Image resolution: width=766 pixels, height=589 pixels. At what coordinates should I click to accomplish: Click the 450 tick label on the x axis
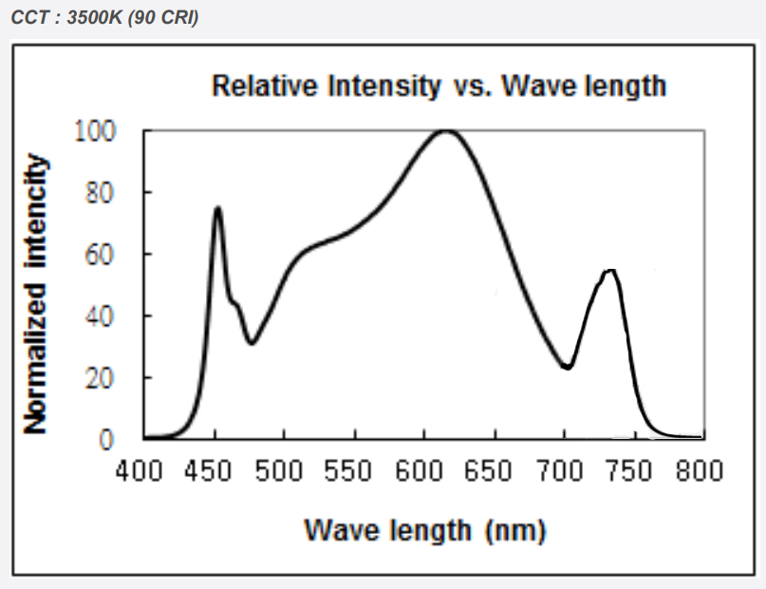(215, 471)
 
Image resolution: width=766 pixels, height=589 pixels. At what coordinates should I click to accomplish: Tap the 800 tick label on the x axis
(702, 471)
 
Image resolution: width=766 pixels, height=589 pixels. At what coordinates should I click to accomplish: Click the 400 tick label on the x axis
(145, 471)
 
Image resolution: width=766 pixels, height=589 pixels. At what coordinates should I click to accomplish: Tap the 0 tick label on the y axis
(107, 439)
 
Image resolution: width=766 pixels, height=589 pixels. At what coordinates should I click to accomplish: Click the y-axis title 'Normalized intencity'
(35, 294)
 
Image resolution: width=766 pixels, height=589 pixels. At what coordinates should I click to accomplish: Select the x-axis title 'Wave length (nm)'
(424, 530)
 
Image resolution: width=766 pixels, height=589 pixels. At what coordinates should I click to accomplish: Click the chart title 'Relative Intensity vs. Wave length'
(439, 85)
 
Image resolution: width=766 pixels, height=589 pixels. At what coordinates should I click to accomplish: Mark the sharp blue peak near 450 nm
(217, 208)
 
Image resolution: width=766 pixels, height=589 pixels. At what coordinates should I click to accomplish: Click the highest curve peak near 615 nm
(445, 131)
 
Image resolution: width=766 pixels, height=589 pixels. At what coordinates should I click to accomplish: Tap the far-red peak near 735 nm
(610, 272)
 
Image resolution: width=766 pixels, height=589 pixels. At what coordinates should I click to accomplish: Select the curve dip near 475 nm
(251, 343)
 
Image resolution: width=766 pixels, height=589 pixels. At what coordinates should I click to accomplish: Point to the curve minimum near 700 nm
(567, 367)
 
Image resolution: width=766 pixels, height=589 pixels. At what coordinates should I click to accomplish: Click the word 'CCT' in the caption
(29, 17)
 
